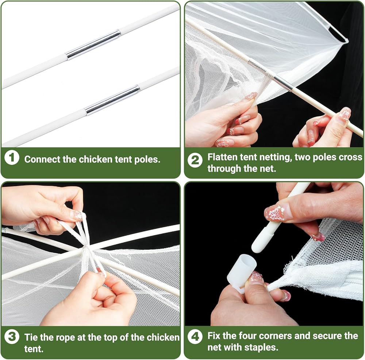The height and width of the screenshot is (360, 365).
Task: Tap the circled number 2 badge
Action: click(x=195, y=160)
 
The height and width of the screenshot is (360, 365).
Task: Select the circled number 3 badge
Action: click(x=12, y=337)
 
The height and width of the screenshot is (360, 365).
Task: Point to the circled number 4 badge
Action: click(x=195, y=337)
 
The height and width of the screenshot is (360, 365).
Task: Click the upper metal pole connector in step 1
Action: click(x=93, y=44)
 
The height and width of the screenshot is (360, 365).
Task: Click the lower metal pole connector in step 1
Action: click(x=112, y=100)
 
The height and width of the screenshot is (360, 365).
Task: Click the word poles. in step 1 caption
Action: click(x=147, y=160)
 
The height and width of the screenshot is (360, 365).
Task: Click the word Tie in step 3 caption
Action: click(x=31, y=337)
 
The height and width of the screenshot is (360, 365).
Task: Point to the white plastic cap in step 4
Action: click(x=242, y=270)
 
